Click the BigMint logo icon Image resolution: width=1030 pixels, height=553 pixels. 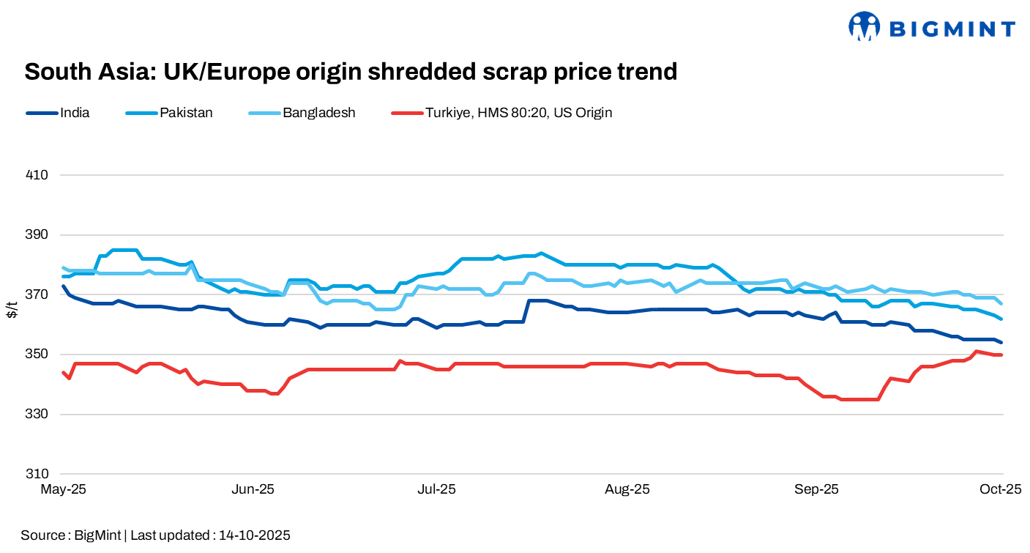pyautogui.click(x=864, y=26)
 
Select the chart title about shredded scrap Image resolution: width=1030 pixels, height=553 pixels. pyautogui.click(x=351, y=71)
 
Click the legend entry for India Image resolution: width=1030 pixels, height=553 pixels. pyautogui.click(x=75, y=113)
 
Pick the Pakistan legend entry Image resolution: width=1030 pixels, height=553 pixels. pyautogui.click(x=186, y=113)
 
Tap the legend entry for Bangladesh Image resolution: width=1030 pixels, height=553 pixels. pyautogui.click(x=318, y=113)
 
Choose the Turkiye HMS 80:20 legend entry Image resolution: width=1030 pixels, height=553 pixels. pyautogui.click(x=518, y=113)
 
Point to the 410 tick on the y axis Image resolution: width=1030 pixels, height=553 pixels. pyautogui.click(x=37, y=175)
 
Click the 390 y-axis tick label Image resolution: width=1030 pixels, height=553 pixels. pyautogui.click(x=37, y=235)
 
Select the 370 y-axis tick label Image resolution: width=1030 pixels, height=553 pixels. pyautogui.click(x=37, y=294)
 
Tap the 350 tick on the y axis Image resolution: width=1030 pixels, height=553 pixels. pyautogui.click(x=37, y=355)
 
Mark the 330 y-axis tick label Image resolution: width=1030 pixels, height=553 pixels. pyautogui.click(x=37, y=415)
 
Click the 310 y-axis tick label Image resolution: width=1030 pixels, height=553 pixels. pyautogui.click(x=37, y=474)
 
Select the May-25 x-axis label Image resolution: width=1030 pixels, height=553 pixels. pyautogui.click(x=64, y=489)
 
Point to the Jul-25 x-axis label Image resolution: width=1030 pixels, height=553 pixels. pyautogui.click(x=437, y=489)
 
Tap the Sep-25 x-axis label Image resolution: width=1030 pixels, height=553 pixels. pyautogui.click(x=817, y=489)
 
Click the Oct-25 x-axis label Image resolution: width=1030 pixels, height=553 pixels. pyautogui.click(x=1001, y=489)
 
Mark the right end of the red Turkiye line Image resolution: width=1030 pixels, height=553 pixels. pyautogui.click(x=1001, y=355)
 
